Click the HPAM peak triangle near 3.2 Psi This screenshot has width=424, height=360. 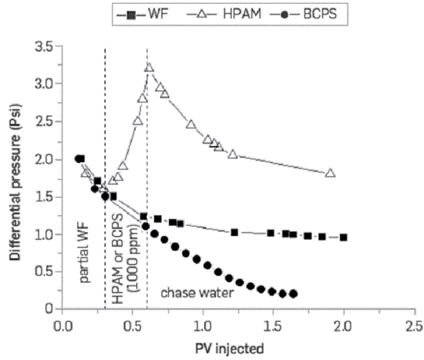149,67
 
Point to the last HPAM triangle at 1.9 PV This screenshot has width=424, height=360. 330,173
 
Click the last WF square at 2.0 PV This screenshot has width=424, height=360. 344,237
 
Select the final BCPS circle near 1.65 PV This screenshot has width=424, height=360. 294,293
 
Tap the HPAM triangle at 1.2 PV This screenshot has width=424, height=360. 232,154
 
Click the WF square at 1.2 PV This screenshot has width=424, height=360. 234,232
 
